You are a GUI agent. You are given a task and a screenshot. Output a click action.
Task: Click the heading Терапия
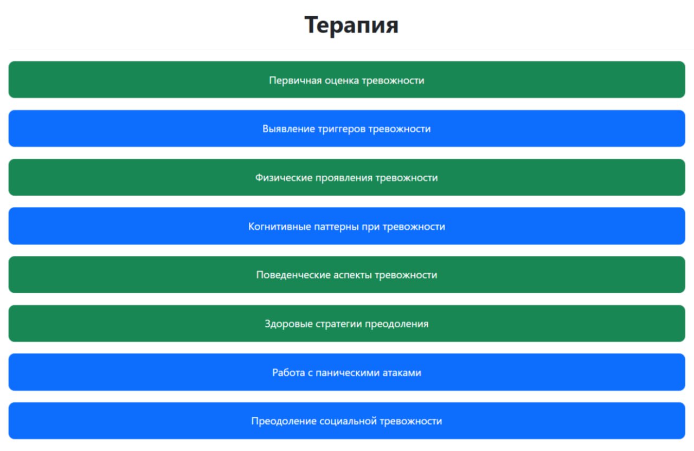(351, 25)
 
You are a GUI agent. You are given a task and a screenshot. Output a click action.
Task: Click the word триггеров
(342, 129)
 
